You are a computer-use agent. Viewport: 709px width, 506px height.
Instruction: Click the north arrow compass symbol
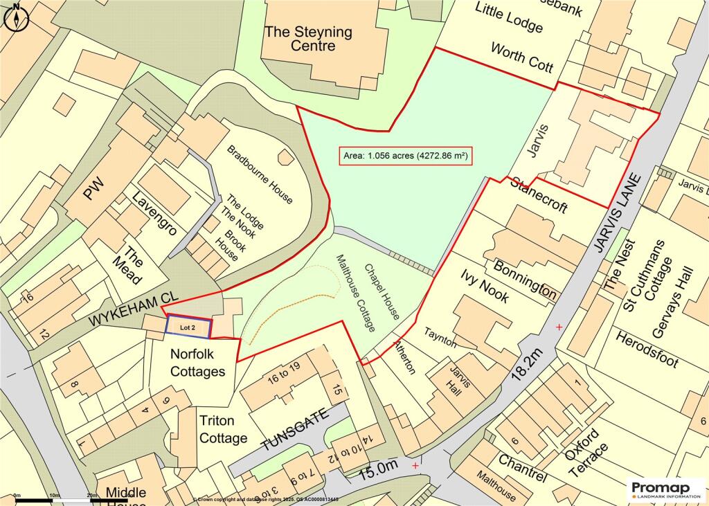[17, 17]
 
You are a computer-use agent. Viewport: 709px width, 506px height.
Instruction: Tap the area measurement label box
[405, 156]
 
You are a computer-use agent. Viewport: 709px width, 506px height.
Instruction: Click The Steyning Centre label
[308, 39]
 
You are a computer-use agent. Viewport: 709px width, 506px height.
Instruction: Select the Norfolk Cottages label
[197, 363]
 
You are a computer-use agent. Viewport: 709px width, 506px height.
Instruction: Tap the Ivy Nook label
[485, 287]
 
